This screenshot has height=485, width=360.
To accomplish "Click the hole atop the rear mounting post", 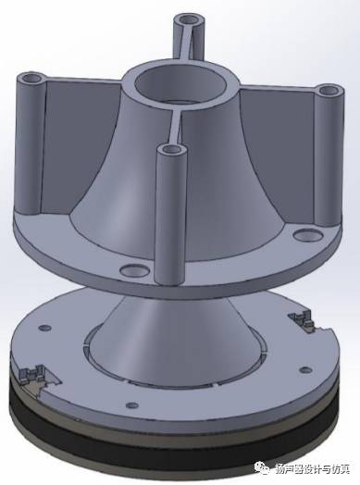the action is [x=190, y=20].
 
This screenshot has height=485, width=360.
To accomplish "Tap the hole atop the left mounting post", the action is [x=32, y=79].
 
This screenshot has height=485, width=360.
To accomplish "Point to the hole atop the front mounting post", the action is [x=171, y=150].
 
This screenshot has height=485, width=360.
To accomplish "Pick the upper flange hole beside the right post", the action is [x=307, y=235].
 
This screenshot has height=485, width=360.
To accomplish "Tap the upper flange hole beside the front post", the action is [x=134, y=270].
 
